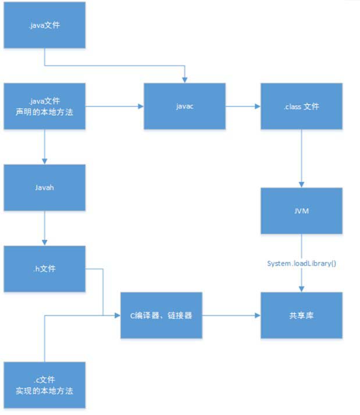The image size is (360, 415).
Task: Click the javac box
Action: [x=185, y=106]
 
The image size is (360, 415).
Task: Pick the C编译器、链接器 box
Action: [x=161, y=315]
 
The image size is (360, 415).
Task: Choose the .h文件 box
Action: [x=45, y=269]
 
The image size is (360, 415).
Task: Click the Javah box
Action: [x=45, y=187]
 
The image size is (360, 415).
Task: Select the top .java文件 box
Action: [x=45, y=24]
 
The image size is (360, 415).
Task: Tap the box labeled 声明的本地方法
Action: [x=45, y=106]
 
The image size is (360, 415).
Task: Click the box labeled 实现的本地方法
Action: [x=45, y=385]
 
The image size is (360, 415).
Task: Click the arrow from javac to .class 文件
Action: [x=243, y=106]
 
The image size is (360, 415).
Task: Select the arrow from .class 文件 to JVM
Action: [x=301, y=158]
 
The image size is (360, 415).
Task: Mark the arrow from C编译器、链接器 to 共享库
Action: [x=231, y=315]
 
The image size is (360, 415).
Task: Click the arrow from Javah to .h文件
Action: [x=45, y=228]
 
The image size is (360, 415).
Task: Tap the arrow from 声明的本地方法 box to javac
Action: [x=115, y=106]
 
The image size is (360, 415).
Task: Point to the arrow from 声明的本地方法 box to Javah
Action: [x=45, y=146]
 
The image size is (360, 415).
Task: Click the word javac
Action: [x=185, y=106]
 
